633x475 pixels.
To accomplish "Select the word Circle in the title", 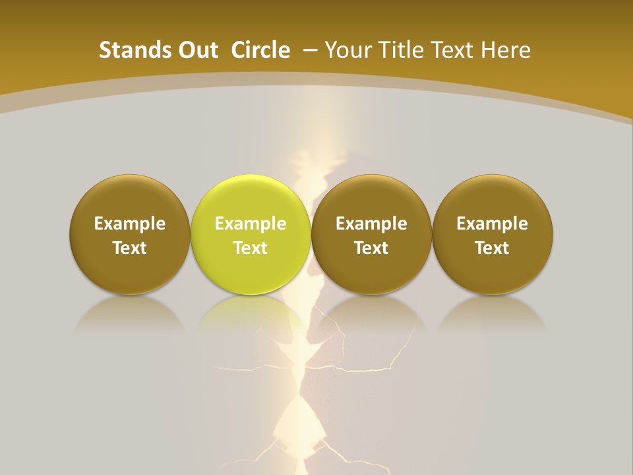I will (x=260, y=50).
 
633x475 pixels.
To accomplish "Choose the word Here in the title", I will (x=506, y=50).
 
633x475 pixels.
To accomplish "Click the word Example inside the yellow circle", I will (x=251, y=224).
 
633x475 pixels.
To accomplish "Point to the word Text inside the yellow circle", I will (x=251, y=248).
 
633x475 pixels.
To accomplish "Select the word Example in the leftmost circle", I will (x=129, y=224).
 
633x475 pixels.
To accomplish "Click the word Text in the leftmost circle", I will (x=129, y=248).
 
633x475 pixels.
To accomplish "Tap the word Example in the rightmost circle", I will (x=493, y=224).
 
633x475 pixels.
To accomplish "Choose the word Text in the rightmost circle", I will (x=493, y=248).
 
